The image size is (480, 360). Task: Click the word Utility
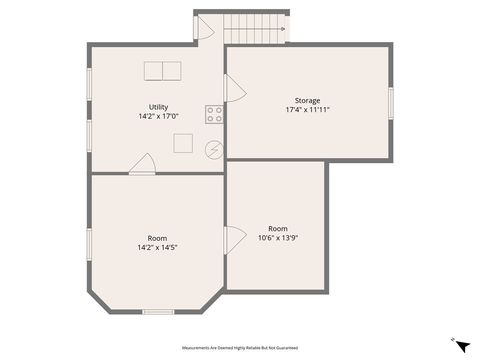click(x=158, y=107)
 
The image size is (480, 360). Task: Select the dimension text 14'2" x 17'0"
click(x=158, y=116)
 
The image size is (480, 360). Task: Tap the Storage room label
click(x=307, y=100)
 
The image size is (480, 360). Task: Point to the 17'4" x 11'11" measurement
click(x=307, y=109)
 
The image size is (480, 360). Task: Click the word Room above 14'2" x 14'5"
click(x=157, y=238)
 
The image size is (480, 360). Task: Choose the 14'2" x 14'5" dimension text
click(x=157, y=247)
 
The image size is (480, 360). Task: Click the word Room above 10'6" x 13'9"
click(x=277, y=228)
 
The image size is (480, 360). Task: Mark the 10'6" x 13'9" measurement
click(x=277, y=237)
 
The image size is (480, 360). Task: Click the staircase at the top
click(x=254, y=29)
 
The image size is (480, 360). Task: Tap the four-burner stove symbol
click(x=214, y=114)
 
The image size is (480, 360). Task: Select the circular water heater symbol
click(x=214, y=150)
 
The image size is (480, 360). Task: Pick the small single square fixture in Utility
click(x=183, y=143)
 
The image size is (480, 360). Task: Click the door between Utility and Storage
click(x=235, y=90)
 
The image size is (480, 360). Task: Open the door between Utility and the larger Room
click(x=142, y=165)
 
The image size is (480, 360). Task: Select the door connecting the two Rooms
click(x=235, y=240)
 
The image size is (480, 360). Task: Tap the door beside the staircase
click(x=203, y=29)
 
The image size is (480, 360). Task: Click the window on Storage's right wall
click(x=390, y=102)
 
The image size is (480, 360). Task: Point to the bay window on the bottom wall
click(x=157, y=312)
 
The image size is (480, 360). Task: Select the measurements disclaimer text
click(x=240, y=347)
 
